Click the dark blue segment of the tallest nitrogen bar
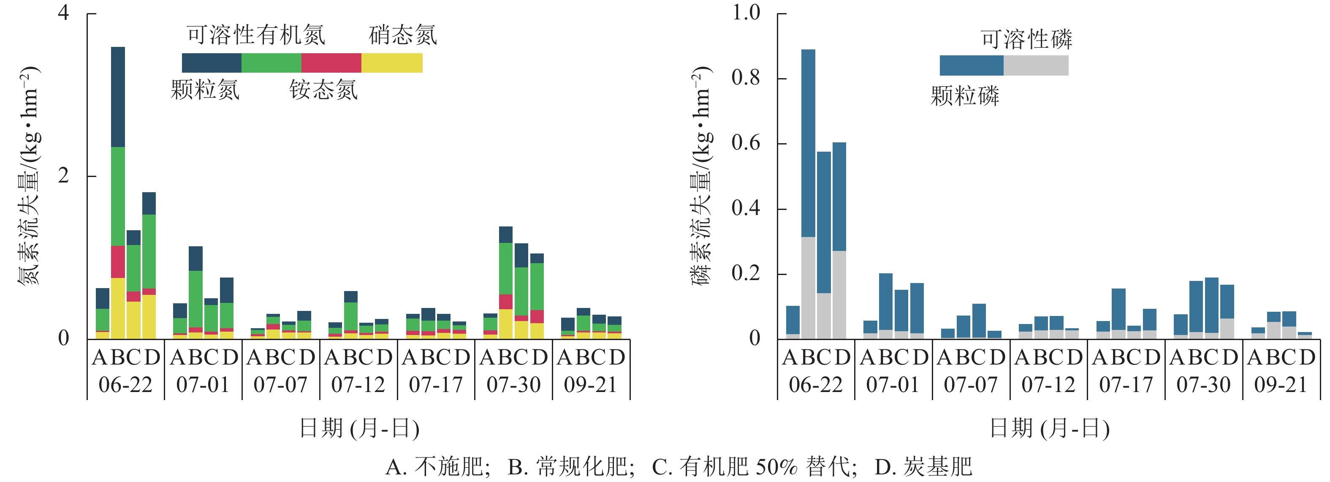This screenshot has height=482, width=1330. click(x=118, y=97)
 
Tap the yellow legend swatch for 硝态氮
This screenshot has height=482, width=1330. click(x=392, y=63)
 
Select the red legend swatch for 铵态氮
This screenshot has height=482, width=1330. click(x=331, y=63)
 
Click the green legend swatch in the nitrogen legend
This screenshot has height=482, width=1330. click(x=271, y=63)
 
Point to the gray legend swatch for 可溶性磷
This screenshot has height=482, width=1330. click(x=1036, y=65)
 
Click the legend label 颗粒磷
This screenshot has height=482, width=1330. click(x=964, y=96)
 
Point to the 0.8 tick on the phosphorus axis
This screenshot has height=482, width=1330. click(x=746, y=78)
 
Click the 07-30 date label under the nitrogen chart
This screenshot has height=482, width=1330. click(x=513, y=385)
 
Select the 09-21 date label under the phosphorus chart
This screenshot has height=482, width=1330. click(x=1281, y=385)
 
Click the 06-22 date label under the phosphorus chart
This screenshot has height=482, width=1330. click(x=815, y=385)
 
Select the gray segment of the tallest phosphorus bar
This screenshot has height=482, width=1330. click(x=808, y=287)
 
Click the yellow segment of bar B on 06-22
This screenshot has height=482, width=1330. click(x=118, y=308)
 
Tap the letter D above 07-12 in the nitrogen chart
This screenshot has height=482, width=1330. click(x=384, y=357)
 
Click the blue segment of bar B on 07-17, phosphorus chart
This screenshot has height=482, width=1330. click(x=1118, y=309)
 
